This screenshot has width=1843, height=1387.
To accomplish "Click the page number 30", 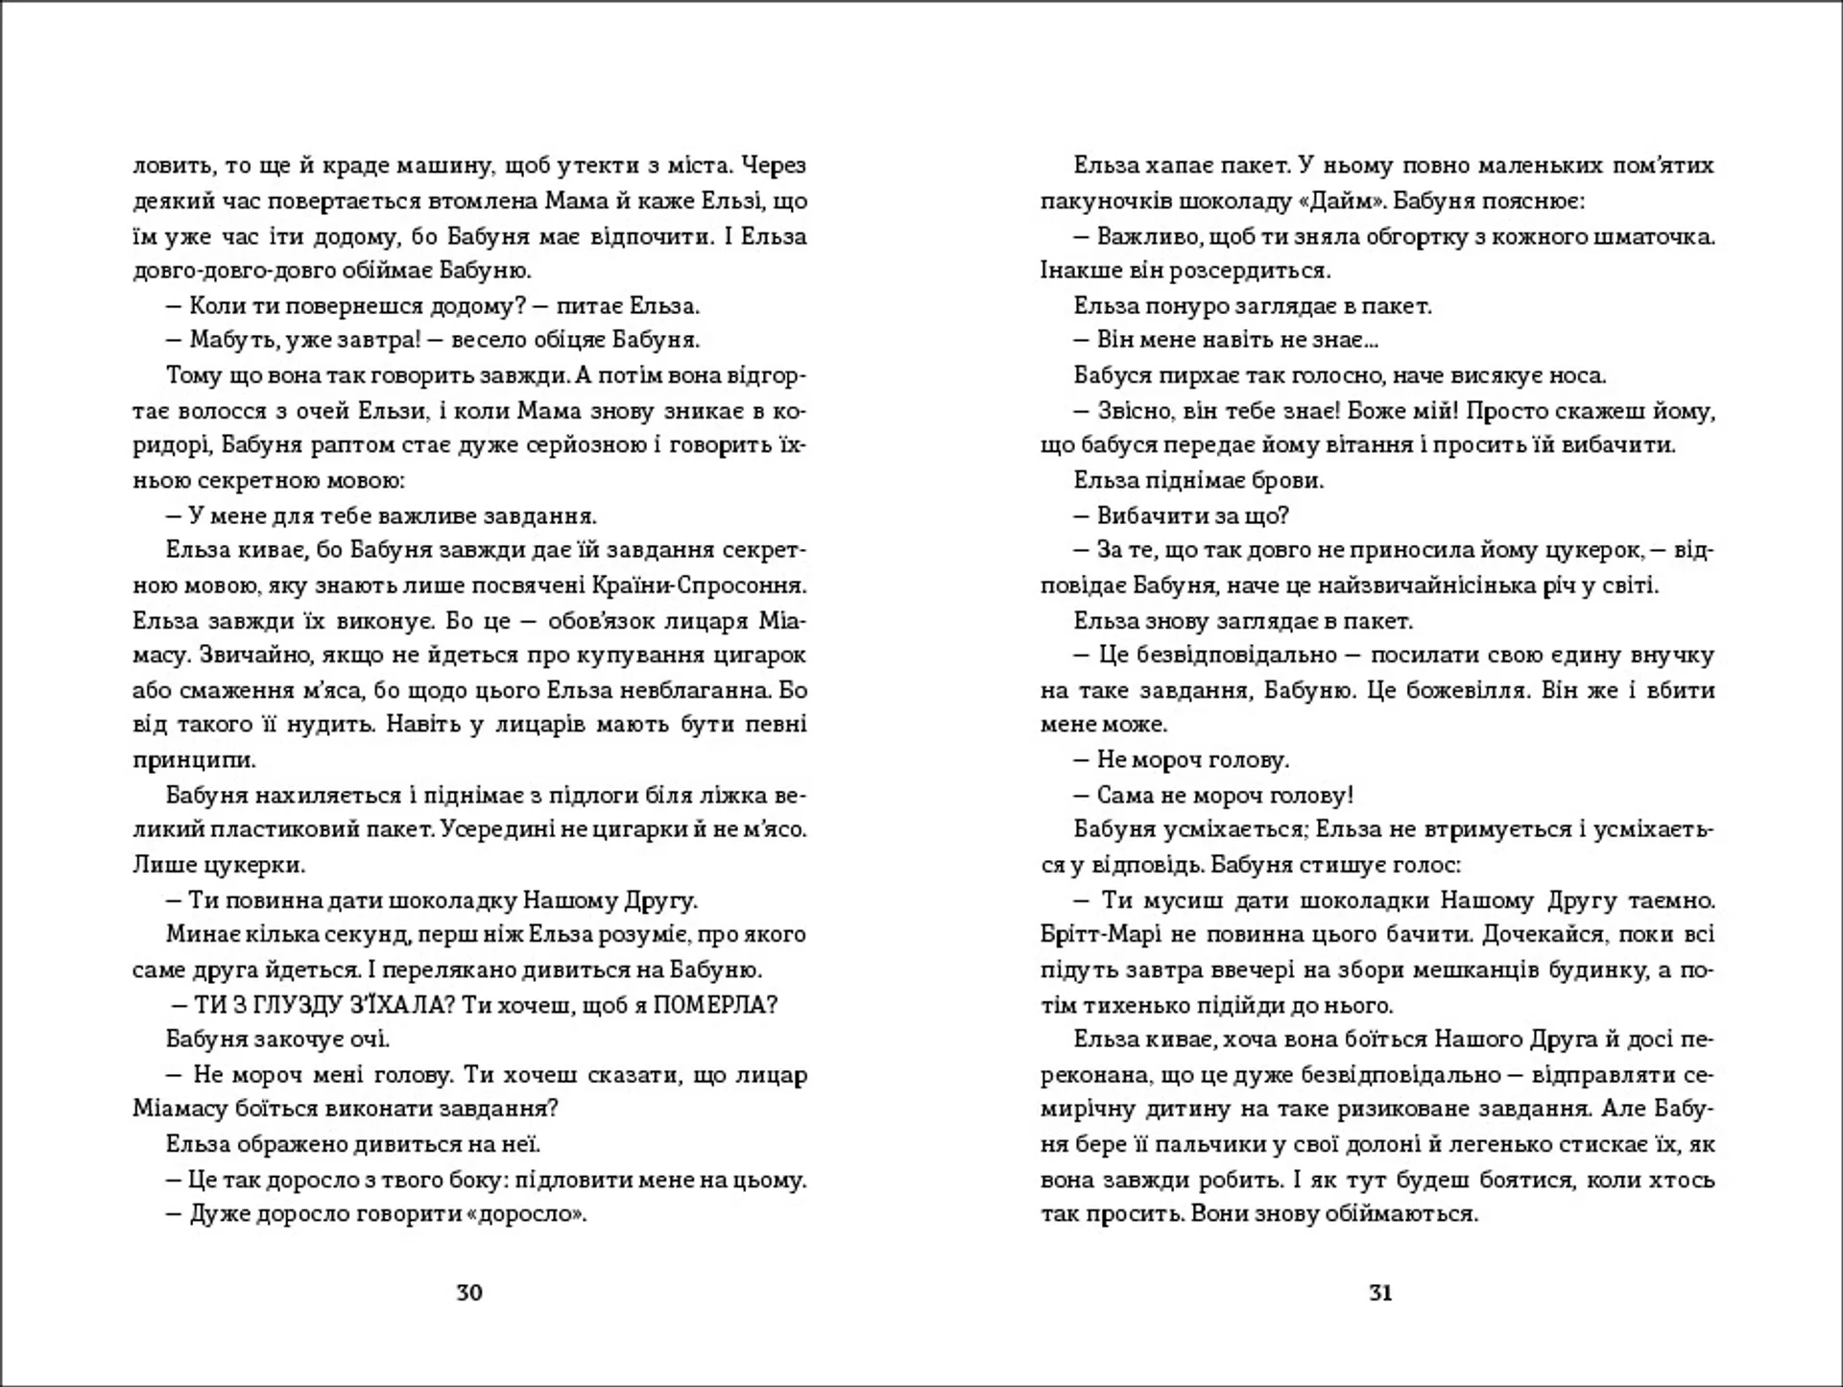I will [x=468, y=1292].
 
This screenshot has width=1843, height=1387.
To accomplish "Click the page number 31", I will [x=1379, y=1292].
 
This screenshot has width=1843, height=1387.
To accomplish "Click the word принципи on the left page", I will [x=194, y=760].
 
